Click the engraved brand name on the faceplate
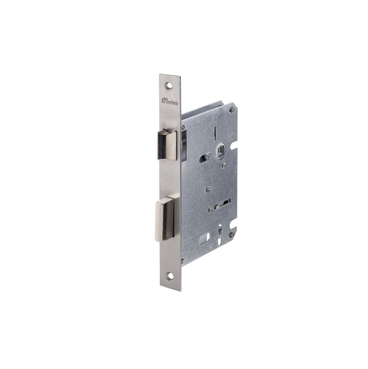pos(170,102)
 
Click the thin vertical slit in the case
pos(215,132)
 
